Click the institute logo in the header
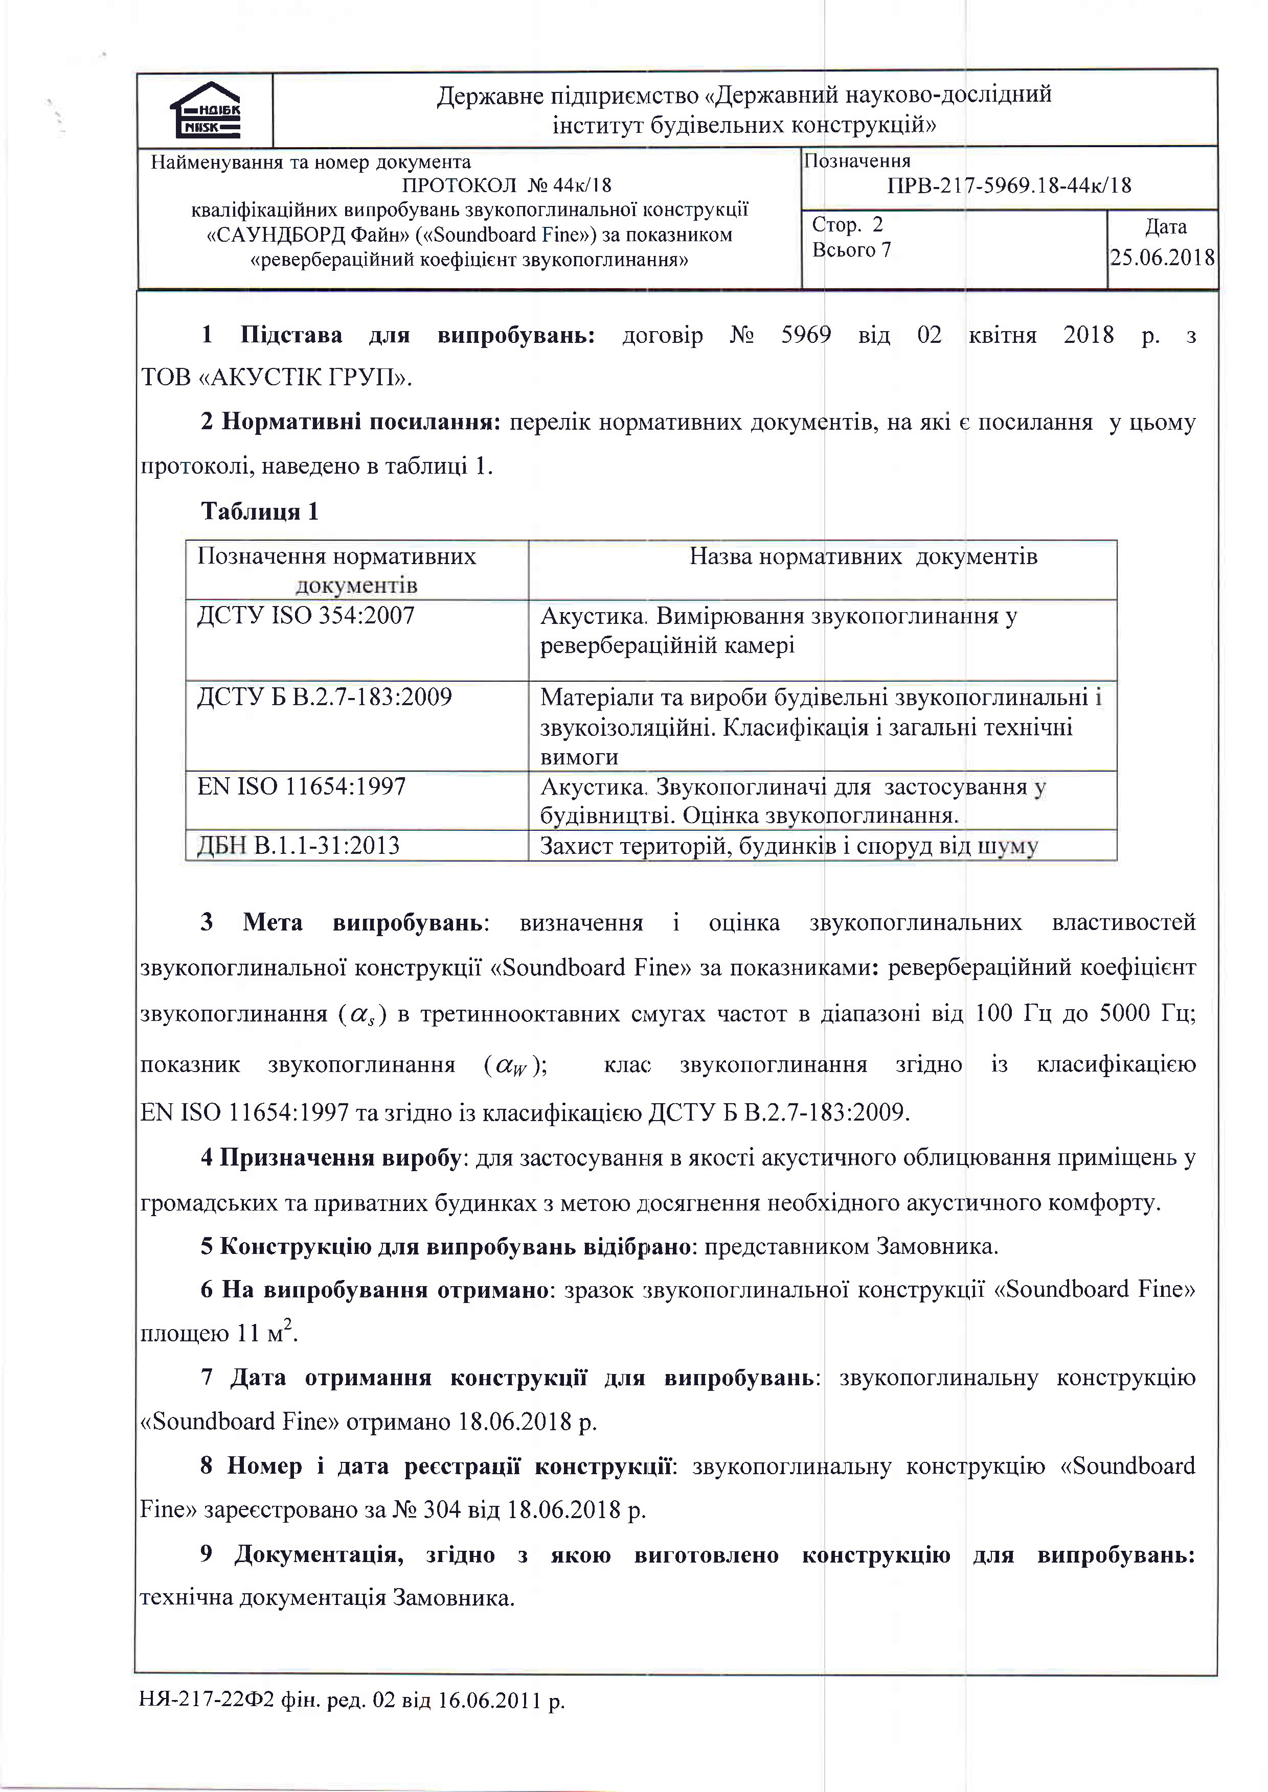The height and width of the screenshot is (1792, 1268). point(206,110)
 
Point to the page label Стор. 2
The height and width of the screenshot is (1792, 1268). point(847,225)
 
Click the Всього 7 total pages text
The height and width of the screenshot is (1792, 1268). point(851,250)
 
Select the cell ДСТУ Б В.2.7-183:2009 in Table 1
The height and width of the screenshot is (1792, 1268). point(325,697)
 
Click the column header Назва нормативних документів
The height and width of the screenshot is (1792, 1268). point(863,557)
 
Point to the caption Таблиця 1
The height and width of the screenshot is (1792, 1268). point(260,512)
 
